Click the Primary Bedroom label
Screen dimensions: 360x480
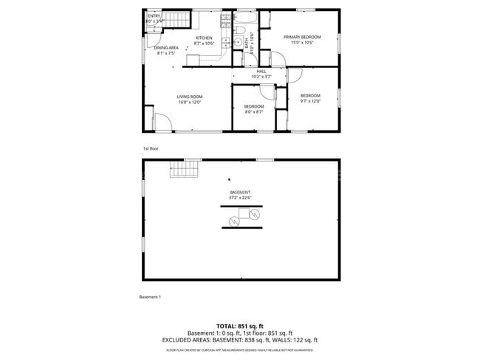coord(301,37)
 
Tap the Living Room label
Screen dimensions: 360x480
coord(190,97)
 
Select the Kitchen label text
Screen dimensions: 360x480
coord(204,38)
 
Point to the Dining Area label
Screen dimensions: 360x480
coord(166,48)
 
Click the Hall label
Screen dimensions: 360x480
coord(261,71)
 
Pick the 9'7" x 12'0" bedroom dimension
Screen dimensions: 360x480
coord(310,101)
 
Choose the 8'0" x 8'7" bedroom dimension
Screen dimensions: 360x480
coord(254,112)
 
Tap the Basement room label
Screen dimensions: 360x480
coord(240,193)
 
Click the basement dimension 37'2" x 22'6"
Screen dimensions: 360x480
coord(240,198)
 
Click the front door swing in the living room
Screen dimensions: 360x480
coord(162,122)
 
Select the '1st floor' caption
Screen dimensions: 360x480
coord(150,148)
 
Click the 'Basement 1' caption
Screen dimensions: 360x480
coord(150,297)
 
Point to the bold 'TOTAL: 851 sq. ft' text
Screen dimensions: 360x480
coord(240,325)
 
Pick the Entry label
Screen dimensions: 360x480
coord(154,15)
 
